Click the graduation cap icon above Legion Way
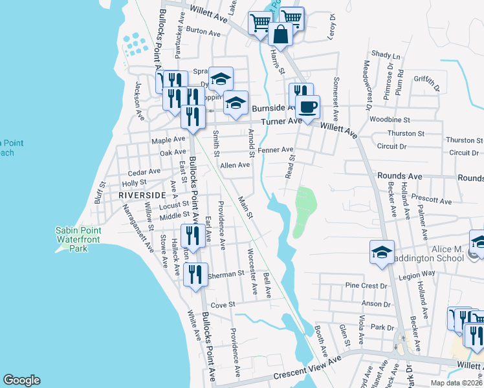[382, 251]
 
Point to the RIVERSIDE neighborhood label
[142, 194]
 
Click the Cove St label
[222, 304]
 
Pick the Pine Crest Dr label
[366, 285]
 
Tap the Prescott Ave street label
[434, 201]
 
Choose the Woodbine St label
[390, 120]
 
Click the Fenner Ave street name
[276, 149]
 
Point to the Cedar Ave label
[144, 171]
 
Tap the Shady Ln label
[386, 56]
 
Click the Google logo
[22, 380]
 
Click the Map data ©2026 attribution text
[456, 383]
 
